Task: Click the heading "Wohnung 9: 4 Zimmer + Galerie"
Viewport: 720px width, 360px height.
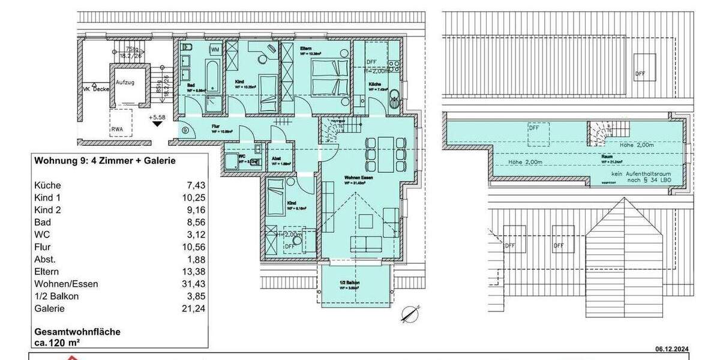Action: [x=105, y=161]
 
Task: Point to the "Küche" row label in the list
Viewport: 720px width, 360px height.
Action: [x=47, y=185]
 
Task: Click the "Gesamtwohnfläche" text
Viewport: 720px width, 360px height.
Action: [x=77, y=332]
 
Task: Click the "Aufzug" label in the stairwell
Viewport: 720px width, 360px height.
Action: [x=125, y=82]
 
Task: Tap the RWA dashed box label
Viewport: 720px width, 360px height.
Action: [x=117, y=128]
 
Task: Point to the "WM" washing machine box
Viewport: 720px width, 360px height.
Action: [x=214, y=49]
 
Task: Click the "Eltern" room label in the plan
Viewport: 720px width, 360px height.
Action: [x=305, y=47]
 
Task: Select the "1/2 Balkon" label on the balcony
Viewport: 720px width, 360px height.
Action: [x=350, y=283]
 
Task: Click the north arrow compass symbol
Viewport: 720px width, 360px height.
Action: [x=409, y=314]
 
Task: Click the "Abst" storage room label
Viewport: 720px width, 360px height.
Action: [x=277, y=158]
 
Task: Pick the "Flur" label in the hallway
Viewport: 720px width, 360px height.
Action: [x=215, y=127]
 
